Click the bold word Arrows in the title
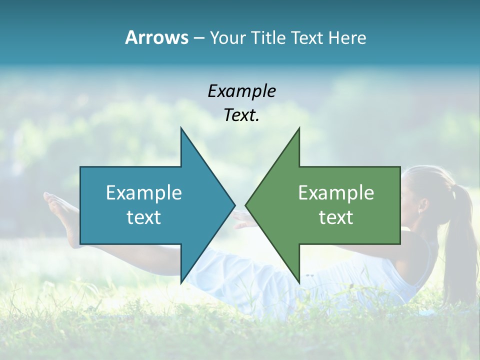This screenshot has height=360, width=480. pyautogui.click(x=156, y=37)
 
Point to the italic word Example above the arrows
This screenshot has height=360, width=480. pyautogui.click(x=241, y=91)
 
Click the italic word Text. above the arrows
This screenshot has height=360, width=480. pyautogui.click(x=241, y=115)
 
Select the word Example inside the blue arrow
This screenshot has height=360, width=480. pyautogui.click(x=144, y=193)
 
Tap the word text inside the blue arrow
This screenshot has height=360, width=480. pyautogui.click(x=144, y=217)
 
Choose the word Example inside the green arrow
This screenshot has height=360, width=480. pyautogui.click(x=336, y=193)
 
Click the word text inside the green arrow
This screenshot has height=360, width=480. pyautogui.click(x=336, y=217)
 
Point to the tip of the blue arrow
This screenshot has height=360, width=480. pyautogui.click(x=234, y=205)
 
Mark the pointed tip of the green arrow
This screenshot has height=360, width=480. pyautogui.click(x=246, y=205)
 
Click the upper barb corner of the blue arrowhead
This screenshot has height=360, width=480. pyautogui.click(x=181, y=128)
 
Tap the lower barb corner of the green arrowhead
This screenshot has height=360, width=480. pyautogui.click(x=299, y=282)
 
